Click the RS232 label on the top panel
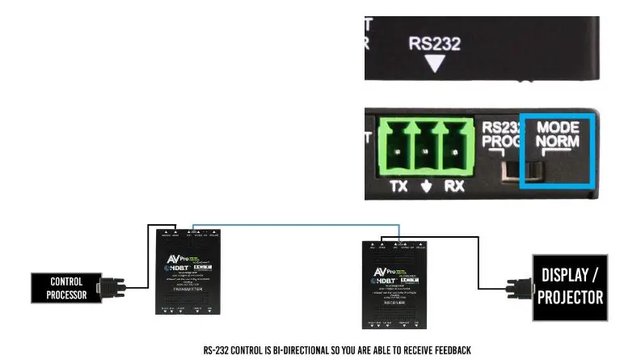pos(434,43)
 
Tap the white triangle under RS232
pos(435,63)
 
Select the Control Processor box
pos(67,288)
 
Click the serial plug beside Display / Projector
pos(517,288)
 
